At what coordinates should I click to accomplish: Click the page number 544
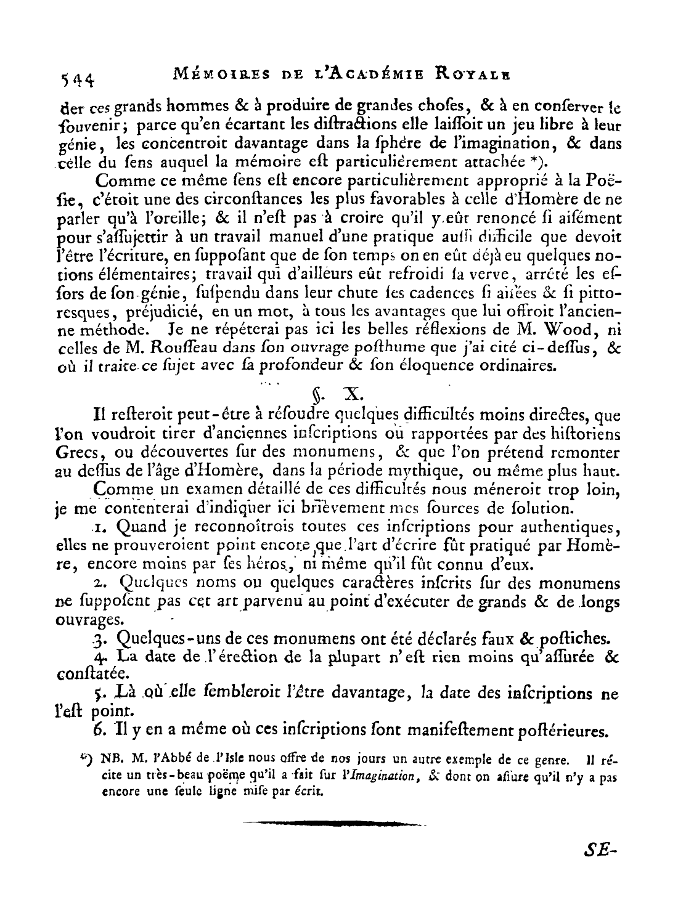pos(77,78)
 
